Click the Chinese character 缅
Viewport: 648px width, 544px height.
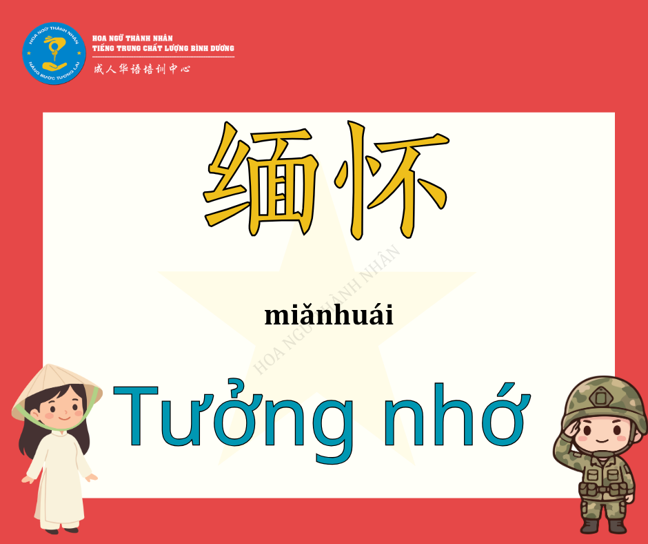tap(261, 179)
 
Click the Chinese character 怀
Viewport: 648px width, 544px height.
tap(392, 179)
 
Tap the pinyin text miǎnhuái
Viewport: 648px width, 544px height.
tap(329, 315)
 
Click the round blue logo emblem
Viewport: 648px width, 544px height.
tap(54, 53)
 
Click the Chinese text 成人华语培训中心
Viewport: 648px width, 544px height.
tap(142, 69)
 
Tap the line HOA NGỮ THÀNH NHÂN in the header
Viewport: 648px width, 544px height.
tap(132, 38)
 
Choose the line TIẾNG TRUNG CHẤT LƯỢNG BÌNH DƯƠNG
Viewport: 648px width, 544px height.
tap(163, 48)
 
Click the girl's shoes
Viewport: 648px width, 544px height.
tap(61, 530)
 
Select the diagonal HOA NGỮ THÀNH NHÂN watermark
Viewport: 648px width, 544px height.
tap(327, 310)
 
